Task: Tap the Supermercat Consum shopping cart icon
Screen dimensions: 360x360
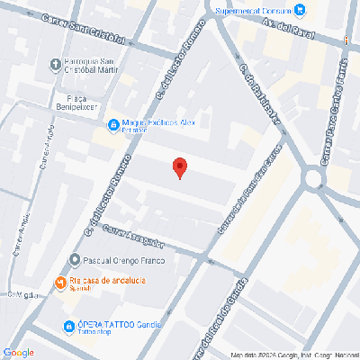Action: [301, 10]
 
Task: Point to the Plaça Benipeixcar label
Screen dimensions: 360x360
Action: [78, 100]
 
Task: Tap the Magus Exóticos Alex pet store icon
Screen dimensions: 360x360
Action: [113, 125]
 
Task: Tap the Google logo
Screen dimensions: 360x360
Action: [19, 352]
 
